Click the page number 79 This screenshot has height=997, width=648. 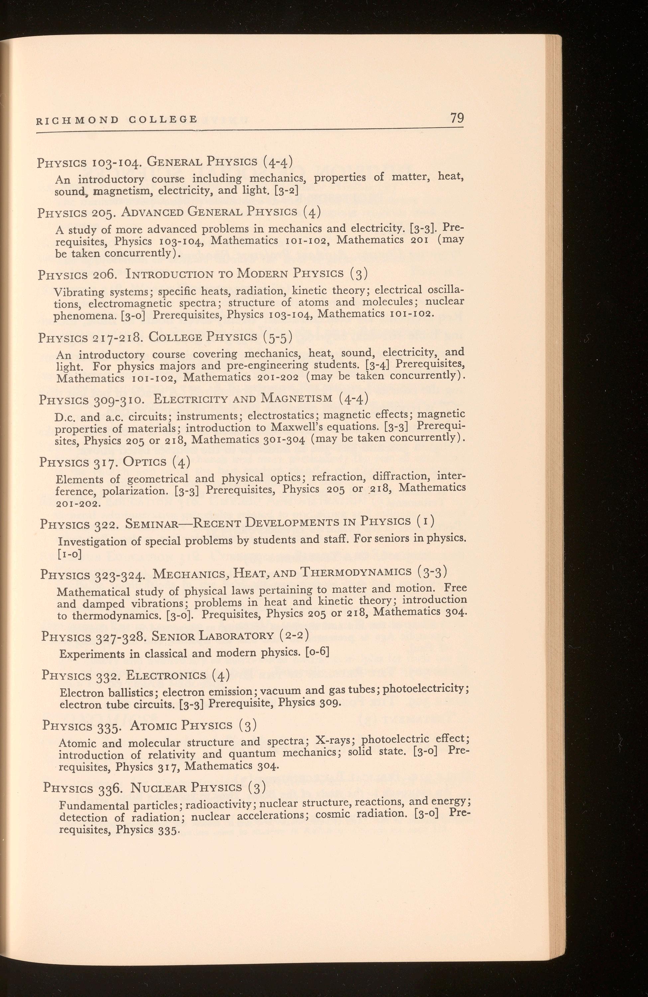pyautogui.click(x=457, y=118)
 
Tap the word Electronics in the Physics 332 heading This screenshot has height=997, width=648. pyautogui.click(x=166, y=675)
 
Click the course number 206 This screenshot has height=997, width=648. pyautogui.click(x=105, y=275)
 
